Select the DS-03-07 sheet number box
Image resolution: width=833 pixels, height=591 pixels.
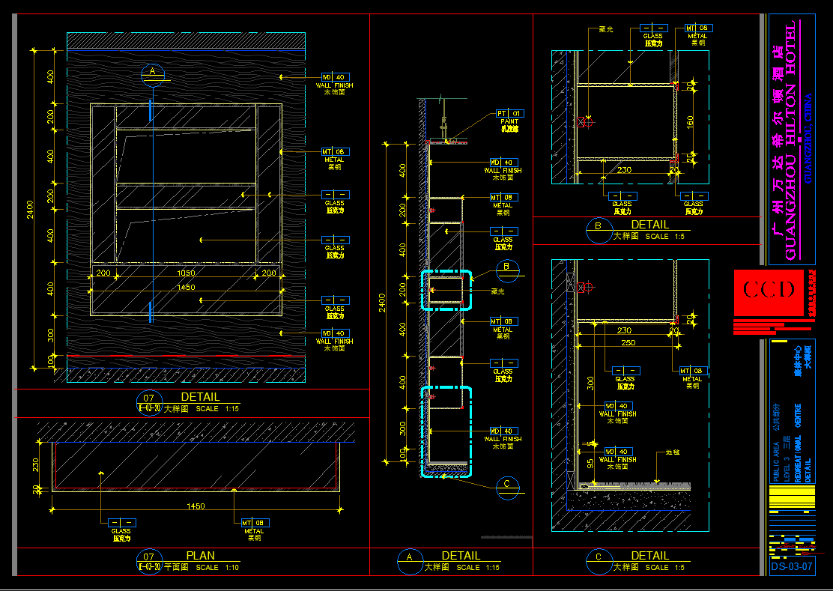coord(792,566)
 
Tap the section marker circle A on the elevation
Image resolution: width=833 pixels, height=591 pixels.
coord(152,72)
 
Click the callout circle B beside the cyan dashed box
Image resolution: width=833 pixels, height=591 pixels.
coord(507,266)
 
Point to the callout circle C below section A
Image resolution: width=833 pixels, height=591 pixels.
coord(507,484)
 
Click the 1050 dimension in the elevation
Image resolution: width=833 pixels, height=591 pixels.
coord(186,273)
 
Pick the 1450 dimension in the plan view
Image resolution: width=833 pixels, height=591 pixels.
coord(196,506)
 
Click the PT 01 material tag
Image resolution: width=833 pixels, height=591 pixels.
coord(509,113)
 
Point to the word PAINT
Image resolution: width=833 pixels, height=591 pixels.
coord(509,121)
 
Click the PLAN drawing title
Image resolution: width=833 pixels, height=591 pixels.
coord(200,556)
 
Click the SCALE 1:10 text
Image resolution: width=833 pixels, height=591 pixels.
coord(218,568)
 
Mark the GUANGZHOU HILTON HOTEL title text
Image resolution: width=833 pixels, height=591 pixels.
coord(791,142)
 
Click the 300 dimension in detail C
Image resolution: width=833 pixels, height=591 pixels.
coord(592,384)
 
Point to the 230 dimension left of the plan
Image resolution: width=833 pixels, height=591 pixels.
coord(36,465)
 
